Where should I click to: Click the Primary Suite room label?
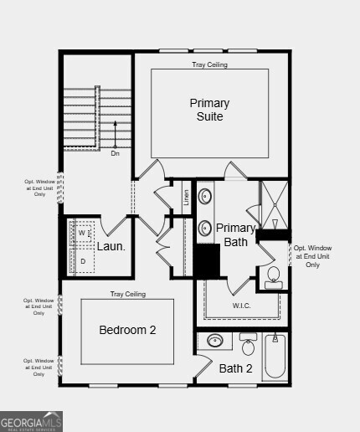(209, 110)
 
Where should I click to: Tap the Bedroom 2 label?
(127, 330)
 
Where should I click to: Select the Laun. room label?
(111, 246)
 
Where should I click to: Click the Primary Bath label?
(235, 235)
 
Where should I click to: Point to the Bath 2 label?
(235, 368)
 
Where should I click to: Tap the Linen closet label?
(186, 198)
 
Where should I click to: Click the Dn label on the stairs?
(116, 153)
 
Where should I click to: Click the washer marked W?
(82, 234)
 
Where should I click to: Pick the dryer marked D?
(82, 261)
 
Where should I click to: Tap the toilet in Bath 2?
(248, 344)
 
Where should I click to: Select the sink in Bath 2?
(217, 341)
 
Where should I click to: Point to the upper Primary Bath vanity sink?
(206, 198)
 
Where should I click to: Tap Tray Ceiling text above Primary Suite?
(209, 64)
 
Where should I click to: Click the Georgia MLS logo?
(32, 420)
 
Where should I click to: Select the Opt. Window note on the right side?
(312, 256)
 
